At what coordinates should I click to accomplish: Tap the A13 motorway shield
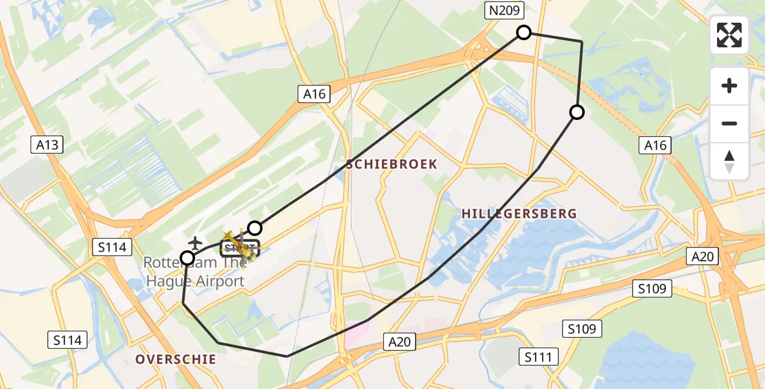click(x=47, y=145)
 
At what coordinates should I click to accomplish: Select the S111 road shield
click(x=538, y=356)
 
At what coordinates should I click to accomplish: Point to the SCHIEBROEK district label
click(x=392, y=165)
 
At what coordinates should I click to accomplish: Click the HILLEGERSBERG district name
click(x=519, y=213)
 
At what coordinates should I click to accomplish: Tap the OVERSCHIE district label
click(x=176, y=359)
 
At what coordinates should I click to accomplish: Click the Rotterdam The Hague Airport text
click(x=194, y=272)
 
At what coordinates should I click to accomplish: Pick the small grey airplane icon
click(x=194, y=243)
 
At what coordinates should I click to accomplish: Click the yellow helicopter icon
click(x=238, y=245)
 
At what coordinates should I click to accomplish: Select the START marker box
click(x=240, y=249)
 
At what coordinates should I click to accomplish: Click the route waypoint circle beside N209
click(x=523, y=32)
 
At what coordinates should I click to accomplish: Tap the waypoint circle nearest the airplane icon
click(x=187, y=258)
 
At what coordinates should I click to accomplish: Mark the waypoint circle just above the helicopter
click(x=255, y=228)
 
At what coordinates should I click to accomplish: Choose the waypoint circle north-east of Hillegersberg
click(x=576, y=112)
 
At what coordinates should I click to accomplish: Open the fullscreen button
click(x=729, y=35)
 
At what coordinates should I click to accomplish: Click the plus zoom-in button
click(x=729, y=86)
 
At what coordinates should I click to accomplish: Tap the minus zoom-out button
click(x=729, y=123)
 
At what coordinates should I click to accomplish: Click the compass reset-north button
click(x=729, y=161)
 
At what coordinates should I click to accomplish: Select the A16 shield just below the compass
click(x=655, y=145)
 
